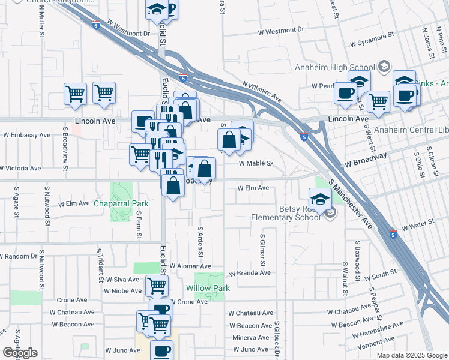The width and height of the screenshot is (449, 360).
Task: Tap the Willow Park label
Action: pyautogui.click(x=212, y=288)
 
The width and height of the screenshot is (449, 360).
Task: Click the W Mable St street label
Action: pyautogui.click(x=256, y=163)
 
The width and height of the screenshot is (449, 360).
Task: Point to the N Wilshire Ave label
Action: pyautogui.click(x=262, y=92)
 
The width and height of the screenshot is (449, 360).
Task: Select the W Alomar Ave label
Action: pyautogui.click(x=190, y=266)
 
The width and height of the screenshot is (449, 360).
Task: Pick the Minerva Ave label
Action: pyautogui.click(x=250, y=338)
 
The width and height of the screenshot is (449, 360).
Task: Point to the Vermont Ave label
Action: pyautogui.click(x=376, y=341)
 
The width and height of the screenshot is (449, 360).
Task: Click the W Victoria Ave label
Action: pyautogui.click(x=20, y=169)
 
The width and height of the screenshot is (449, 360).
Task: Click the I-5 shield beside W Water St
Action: pyautogui.click(x=392, y=232)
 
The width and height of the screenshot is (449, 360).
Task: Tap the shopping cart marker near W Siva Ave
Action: pyautogui.click(x=157, y=286)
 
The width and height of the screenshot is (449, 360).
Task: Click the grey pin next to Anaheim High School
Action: pyautogui.click(x=385, y=66)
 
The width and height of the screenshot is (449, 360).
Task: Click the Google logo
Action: pyautogui.click(x=20, y=353)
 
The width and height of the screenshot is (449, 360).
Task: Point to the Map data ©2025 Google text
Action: pyautogui.click(x=411, y=355)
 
